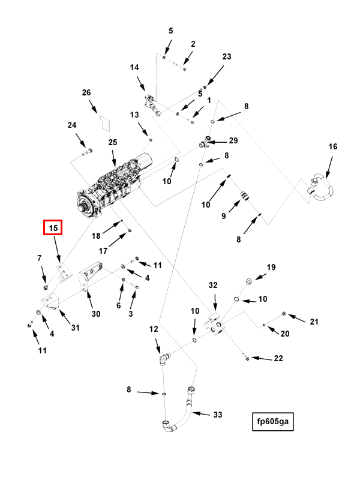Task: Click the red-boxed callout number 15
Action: pyautogui.click(x=53, y=228)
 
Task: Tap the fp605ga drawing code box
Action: pyautogui.click(x=273, y=421)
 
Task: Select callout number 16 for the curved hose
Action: pyautogui.click(x=333, y=147)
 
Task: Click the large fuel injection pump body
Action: pyautogui.click(x=114, y=186)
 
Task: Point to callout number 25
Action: pyautogui.click(x=113, y=142)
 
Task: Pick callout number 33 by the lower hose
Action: pyautogui.click(x=217, y=415)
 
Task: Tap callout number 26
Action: pyautogui.click(x=86, y=92)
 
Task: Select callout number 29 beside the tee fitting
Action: pyautogui.click(x=233, y=140)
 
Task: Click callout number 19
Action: pyautogui.click(x=271, y=268)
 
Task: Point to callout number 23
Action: pyautogui.click(x=226, y=57)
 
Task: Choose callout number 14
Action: pyautogui.click(x=134, y=68)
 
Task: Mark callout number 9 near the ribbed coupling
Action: pyautogui.click(x=223, y=216)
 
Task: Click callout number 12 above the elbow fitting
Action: pyautogui.click(x=154, y=329)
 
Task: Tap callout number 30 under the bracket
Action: pyautogui.click(x=96, y=313)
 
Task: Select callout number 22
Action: pyautogui.click(x=278, y=359)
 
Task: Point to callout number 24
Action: pyautogui.click(x=72, y=125)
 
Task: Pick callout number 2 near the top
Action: pyautogui.click(x=193, y=44)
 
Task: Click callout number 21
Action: pyautogui.click(x=314, y=322)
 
